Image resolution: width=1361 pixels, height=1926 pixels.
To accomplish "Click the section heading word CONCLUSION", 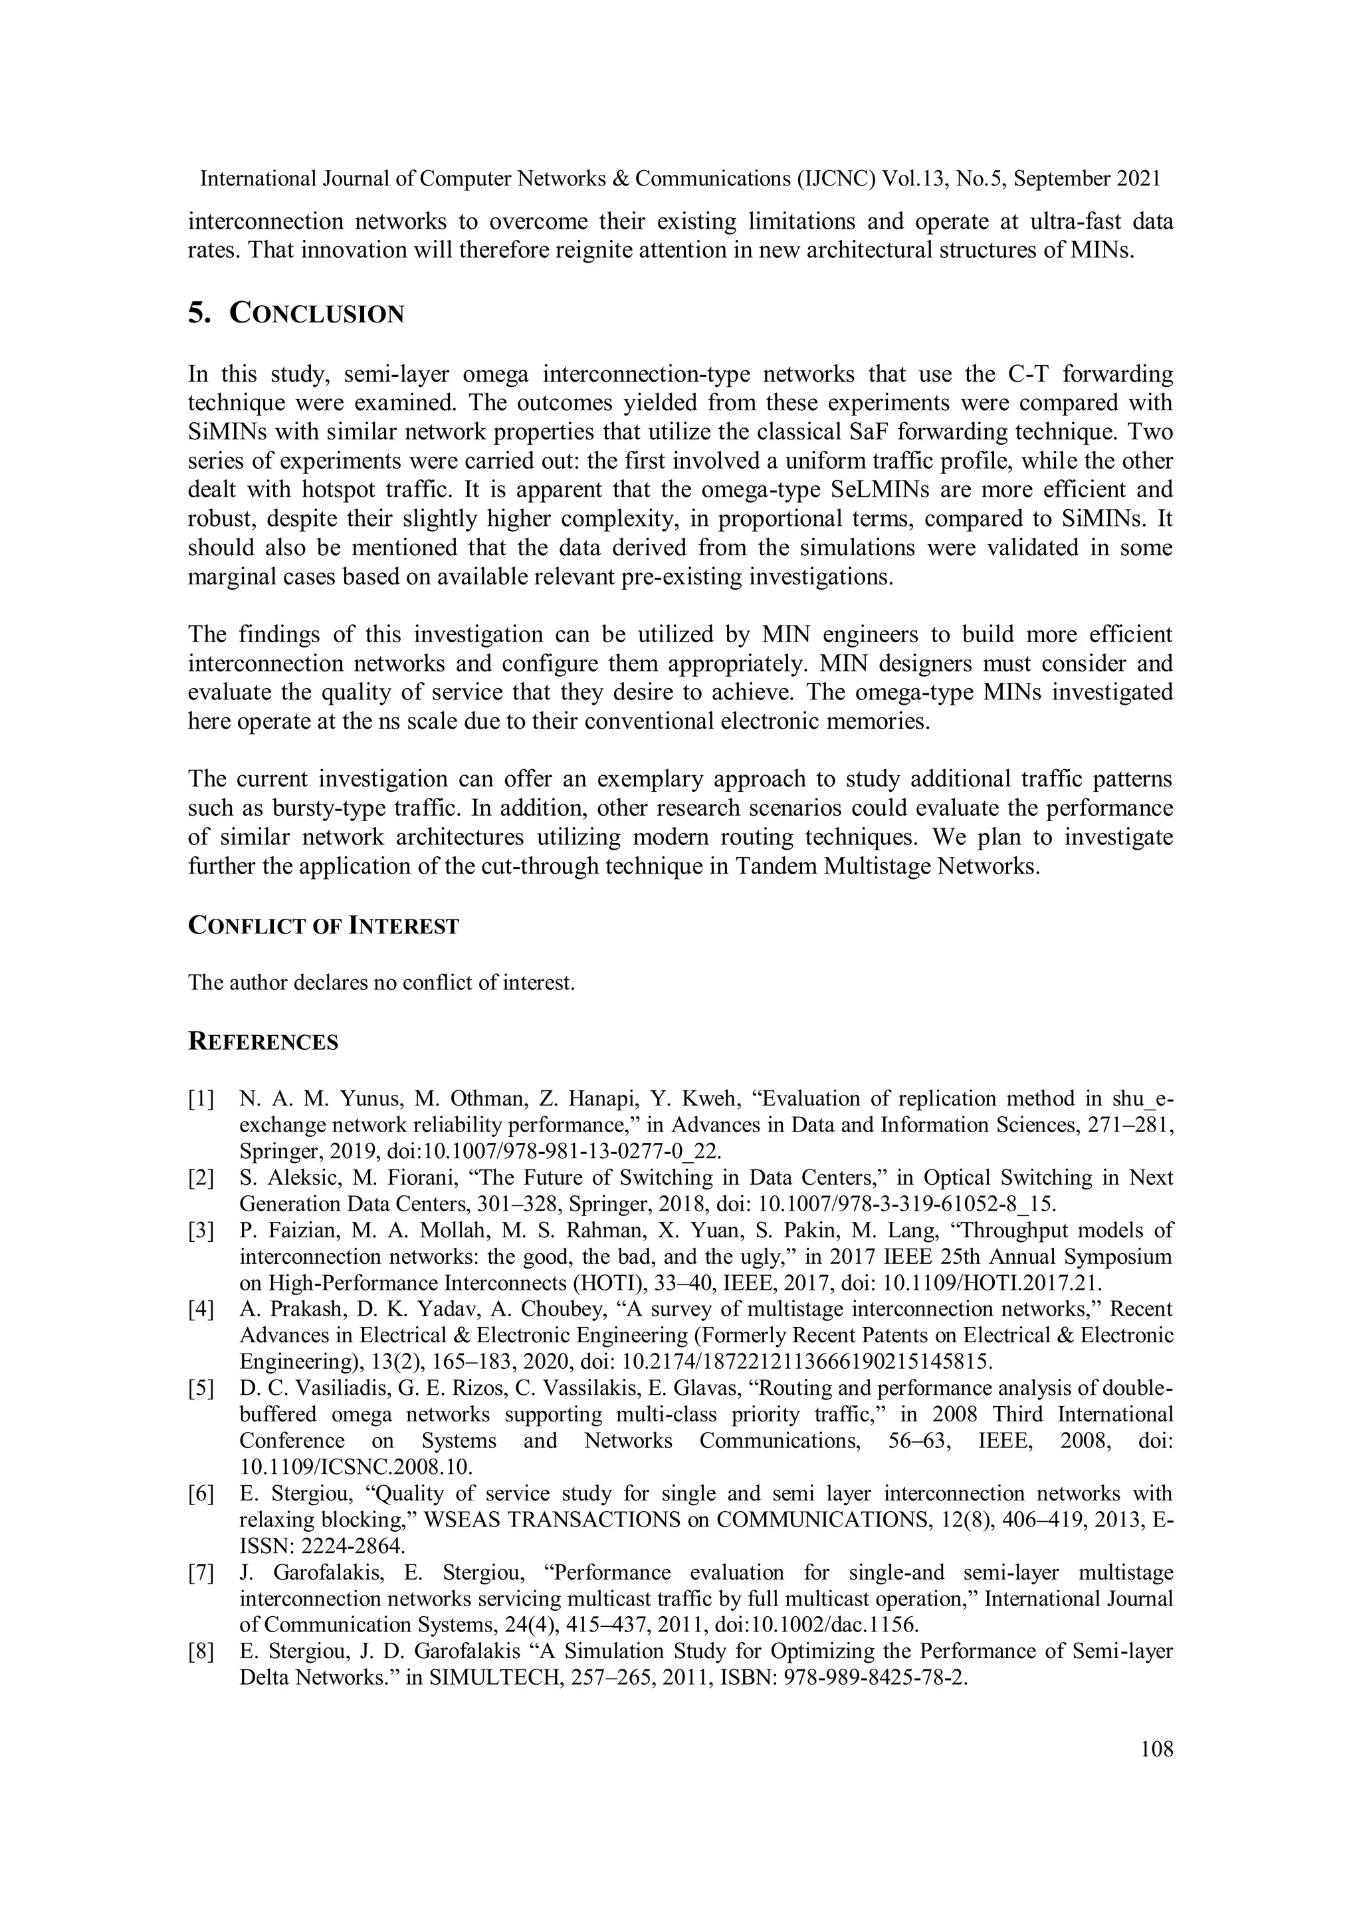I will [x=317, y=314].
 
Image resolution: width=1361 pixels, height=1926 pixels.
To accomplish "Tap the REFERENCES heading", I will [x=263, y=1042].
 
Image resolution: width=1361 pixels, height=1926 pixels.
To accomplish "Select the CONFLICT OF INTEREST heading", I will [x=324, y=926].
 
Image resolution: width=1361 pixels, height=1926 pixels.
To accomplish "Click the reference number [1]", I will [x=201, y=1099].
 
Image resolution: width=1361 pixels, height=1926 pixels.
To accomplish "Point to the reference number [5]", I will [x=201, y=1388].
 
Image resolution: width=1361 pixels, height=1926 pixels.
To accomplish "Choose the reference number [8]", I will [x=201, y=1651].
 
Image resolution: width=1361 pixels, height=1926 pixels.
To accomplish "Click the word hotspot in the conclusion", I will [x=330, y=490].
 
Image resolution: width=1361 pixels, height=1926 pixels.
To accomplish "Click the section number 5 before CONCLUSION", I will [x=198, y=314].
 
